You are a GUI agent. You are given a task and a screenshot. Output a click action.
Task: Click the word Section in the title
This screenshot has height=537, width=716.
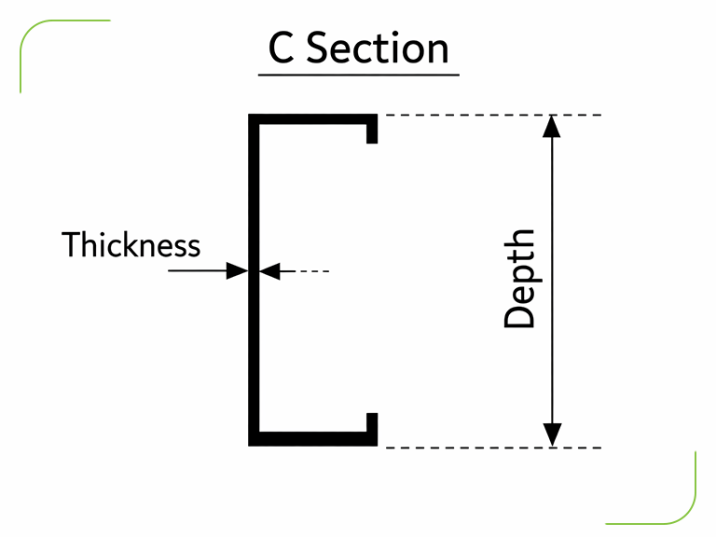[x=379, y=48]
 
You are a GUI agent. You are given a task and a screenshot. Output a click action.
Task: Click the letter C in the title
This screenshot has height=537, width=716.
[x=282, y=48]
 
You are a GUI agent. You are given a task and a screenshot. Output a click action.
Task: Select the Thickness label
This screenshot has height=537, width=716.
[x=131, y=245]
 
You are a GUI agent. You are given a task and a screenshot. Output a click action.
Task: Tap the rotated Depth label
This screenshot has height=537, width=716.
[x=520, y=279]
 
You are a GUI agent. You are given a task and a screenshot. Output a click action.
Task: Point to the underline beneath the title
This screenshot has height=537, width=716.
[x=359, y=74]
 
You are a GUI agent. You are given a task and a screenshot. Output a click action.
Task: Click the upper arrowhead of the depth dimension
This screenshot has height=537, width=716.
[x=553, y=127]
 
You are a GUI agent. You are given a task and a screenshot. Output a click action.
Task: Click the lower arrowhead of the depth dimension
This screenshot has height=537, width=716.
[x=553, y=434]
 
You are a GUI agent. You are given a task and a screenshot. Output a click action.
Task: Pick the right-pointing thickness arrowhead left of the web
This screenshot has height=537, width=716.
[x=238, y=271]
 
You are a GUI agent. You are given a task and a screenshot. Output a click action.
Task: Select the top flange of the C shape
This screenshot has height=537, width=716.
[x=312, y=119]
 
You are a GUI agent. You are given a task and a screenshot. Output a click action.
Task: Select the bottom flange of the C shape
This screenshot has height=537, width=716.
[x=312, y=440]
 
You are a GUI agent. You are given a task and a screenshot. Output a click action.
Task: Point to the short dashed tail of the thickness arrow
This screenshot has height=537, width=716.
[x=313, y=271]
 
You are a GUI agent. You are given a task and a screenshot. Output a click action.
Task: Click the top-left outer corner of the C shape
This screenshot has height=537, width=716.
[x=250, y=116]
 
